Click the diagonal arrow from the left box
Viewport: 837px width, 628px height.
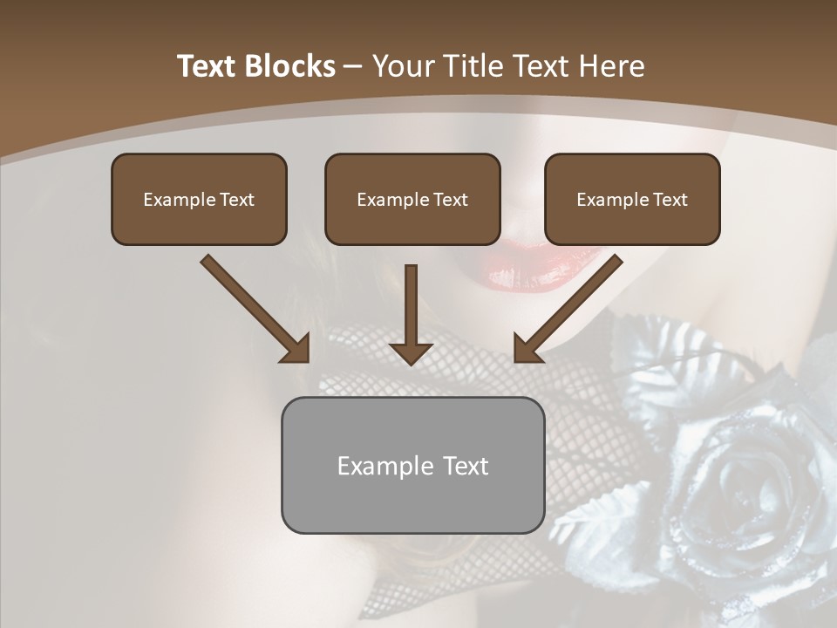[x=255, y=309]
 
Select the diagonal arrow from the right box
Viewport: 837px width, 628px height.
[x=568, y=309]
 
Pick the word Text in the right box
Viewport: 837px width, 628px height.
[x=670, y=200]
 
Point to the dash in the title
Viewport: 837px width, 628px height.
[x=354, y=66]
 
